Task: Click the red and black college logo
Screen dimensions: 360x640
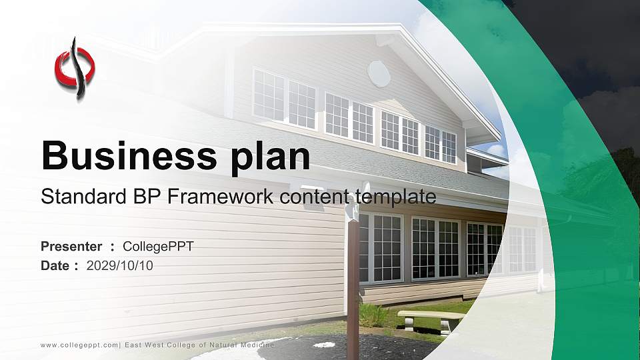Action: pos(75,68)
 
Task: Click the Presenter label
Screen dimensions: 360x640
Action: pos(71,247)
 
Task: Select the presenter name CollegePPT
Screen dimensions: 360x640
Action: pos(159,247)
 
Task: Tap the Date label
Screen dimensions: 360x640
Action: pos(55,266)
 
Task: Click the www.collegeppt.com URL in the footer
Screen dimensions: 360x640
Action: pos(79,345)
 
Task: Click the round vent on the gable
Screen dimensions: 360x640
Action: pos(379,73)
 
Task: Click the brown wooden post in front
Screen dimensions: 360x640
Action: pos(353,280)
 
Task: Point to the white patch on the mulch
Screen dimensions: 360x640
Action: pos(324,345)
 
